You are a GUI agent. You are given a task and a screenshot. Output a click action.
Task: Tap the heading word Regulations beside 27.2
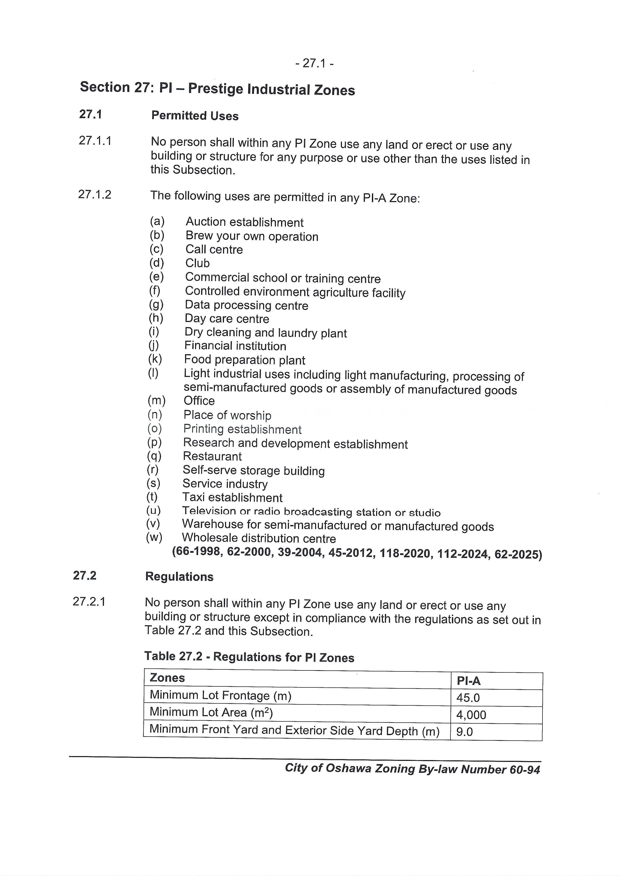click(179, 577)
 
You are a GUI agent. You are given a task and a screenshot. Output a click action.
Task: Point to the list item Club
click(198, 263)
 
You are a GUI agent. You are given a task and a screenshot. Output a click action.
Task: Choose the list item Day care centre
click(227, 318)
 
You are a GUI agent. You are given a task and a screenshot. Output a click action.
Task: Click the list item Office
click(199, 401)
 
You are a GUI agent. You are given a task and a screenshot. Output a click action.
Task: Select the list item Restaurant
click(212, 456)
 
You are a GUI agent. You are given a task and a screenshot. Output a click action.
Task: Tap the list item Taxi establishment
click(232, 498)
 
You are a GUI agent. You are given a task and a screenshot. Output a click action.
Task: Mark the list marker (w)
click(154, 538)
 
